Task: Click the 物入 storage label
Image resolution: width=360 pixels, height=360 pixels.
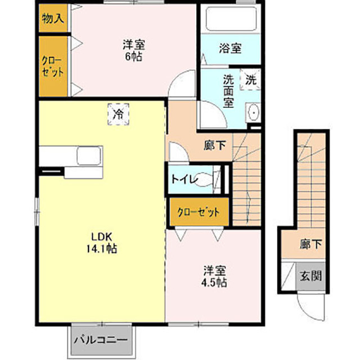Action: (x=53, y=19)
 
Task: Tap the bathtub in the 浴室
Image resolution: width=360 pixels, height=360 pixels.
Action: (x=231, y=19)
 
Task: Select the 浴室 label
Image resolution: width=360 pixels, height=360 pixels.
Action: (x=230, y=48)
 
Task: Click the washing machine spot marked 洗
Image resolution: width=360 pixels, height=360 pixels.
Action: (x=251, y=80)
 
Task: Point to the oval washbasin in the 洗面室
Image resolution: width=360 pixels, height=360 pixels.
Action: (x=254, y=113)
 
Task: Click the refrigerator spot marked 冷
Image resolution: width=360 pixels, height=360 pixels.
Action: (x=119, y=114)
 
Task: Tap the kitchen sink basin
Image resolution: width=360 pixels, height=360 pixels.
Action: (x=89, y=156)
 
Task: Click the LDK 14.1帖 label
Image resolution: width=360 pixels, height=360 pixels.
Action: (x=102, y=242)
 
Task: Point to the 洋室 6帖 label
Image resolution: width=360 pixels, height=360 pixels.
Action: (x=134, y=50)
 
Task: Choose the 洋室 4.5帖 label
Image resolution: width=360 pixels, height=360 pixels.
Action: (x=214, y=277)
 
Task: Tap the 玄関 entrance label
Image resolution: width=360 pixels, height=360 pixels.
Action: (x=311, y=275)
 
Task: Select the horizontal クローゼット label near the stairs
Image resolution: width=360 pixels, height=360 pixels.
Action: (x=199, y=212)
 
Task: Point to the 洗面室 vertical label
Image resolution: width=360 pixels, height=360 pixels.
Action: (x=229, y=91)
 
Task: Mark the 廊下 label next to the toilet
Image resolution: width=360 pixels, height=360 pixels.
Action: (x=215, y=145)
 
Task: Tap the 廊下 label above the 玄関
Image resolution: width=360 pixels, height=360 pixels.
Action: (x=311, y=244)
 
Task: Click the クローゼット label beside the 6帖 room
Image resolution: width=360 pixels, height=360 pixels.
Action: (x=52, y=66)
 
